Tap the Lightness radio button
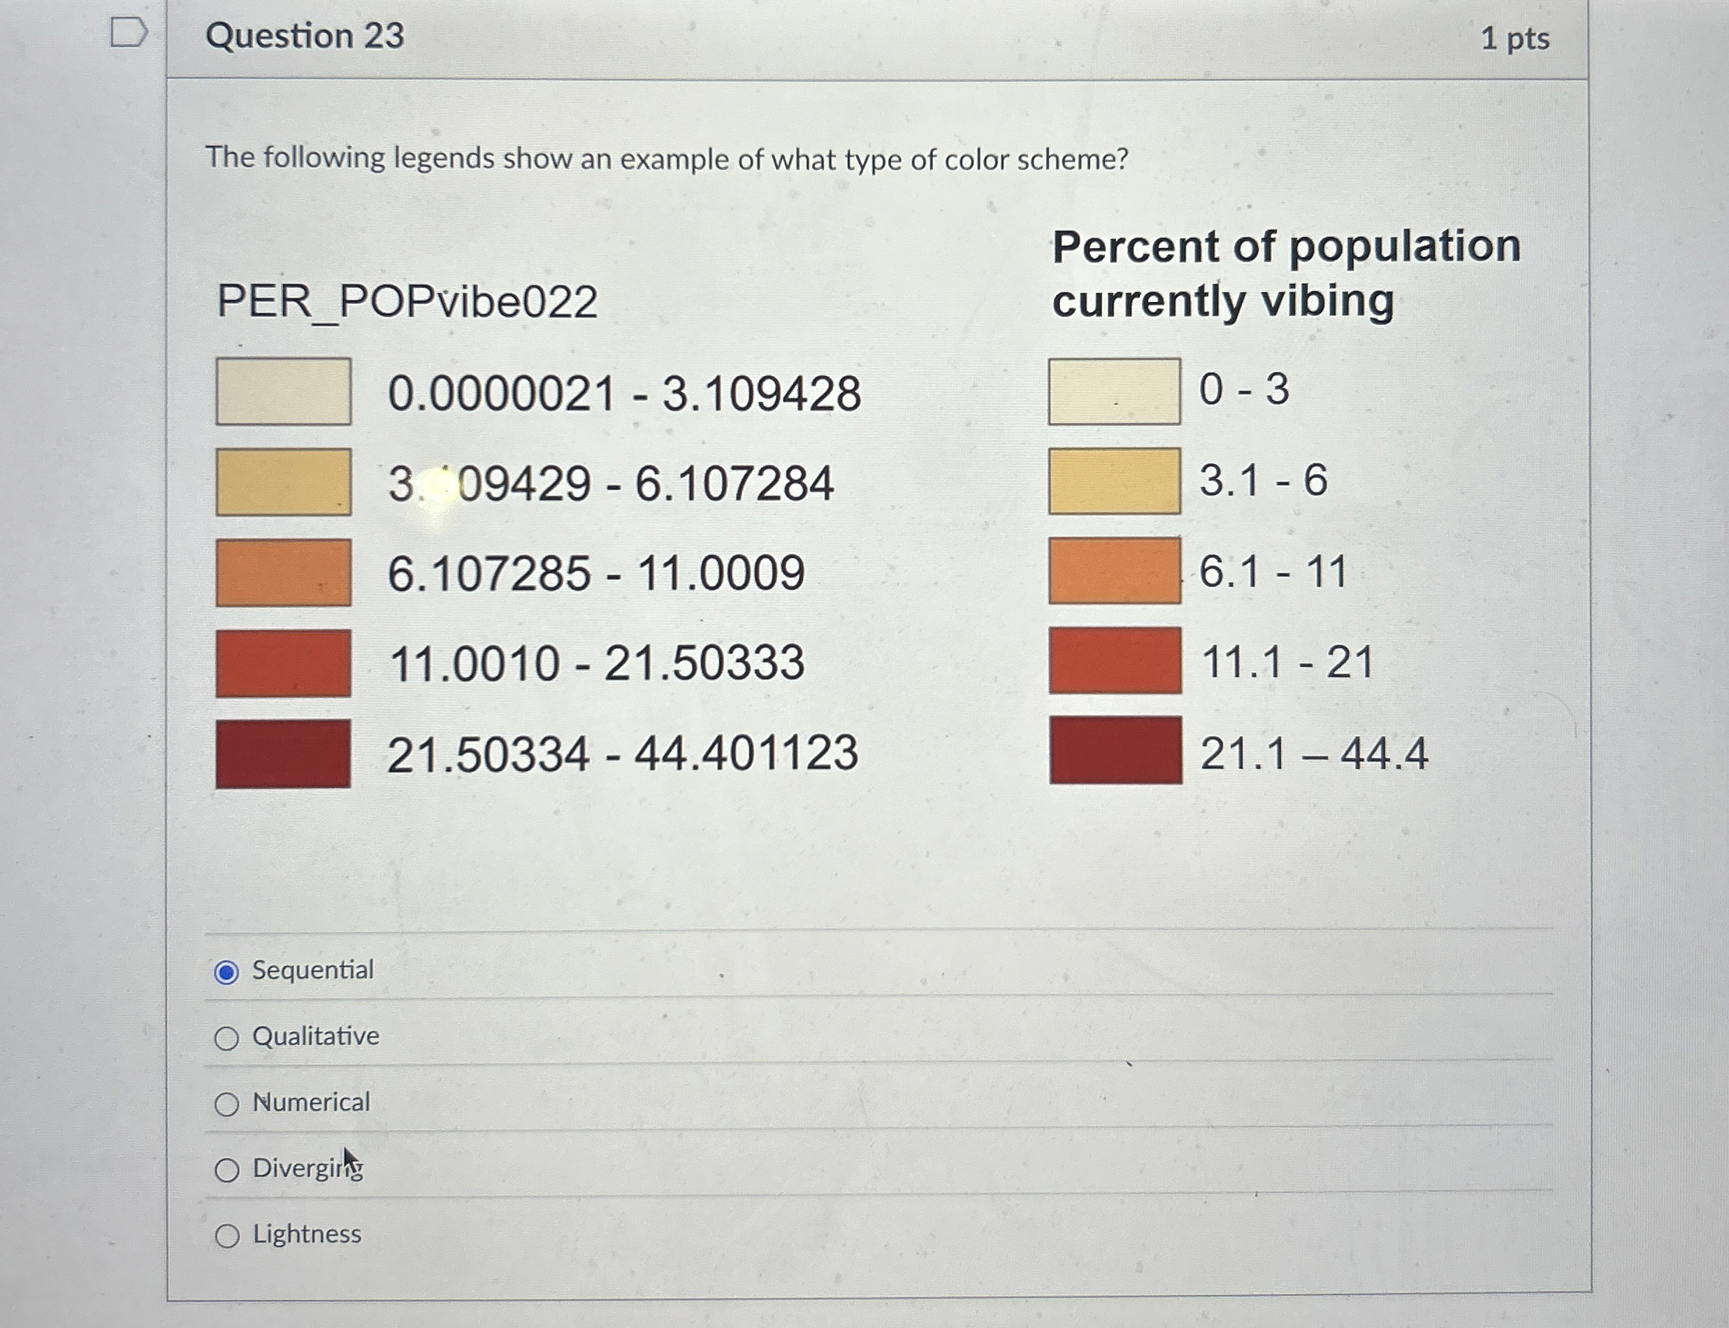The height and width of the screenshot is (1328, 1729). point(227,1236)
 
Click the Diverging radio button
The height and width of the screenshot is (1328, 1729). point(227,1170)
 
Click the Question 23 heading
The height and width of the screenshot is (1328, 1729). point(305,36)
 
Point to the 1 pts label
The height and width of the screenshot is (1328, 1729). point(1515,38)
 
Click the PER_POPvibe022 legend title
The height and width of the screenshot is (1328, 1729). point(407,301)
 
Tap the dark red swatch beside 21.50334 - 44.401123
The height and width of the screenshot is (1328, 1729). point(283,753)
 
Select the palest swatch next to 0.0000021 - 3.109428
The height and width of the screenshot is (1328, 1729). point(283,391)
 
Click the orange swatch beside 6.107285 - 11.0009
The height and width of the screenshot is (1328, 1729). point(283,572)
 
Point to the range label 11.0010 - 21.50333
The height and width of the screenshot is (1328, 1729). point(597,663)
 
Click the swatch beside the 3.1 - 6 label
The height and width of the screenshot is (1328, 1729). point(1114,481)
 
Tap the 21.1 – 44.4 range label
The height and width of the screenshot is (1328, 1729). point(1313,753)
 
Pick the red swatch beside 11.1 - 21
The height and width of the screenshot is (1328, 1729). point(1115,661)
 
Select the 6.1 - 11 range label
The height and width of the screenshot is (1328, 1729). point(1272,571)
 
